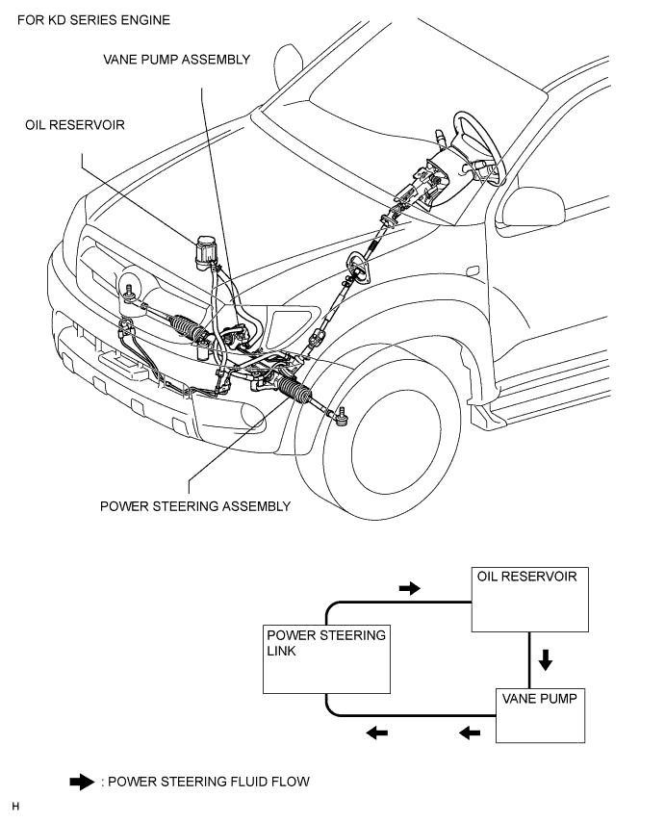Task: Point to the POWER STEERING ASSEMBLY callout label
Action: pos(195,506)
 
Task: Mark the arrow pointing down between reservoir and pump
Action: pos(545,660)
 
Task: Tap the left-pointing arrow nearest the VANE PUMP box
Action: pos(470,733)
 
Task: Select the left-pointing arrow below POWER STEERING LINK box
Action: pos(376,733)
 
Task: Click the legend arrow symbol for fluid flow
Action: pos(82,782)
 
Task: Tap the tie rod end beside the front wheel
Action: pos(340,416)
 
